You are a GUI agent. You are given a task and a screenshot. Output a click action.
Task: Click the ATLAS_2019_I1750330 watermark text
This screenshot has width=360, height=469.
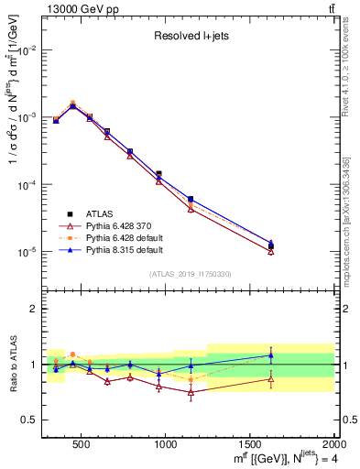[190, 274]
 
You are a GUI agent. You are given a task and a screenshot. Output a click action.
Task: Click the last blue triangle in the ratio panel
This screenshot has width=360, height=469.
[270, 355]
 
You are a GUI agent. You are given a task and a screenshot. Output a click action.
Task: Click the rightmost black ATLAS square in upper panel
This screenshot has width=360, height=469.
[270, 246]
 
